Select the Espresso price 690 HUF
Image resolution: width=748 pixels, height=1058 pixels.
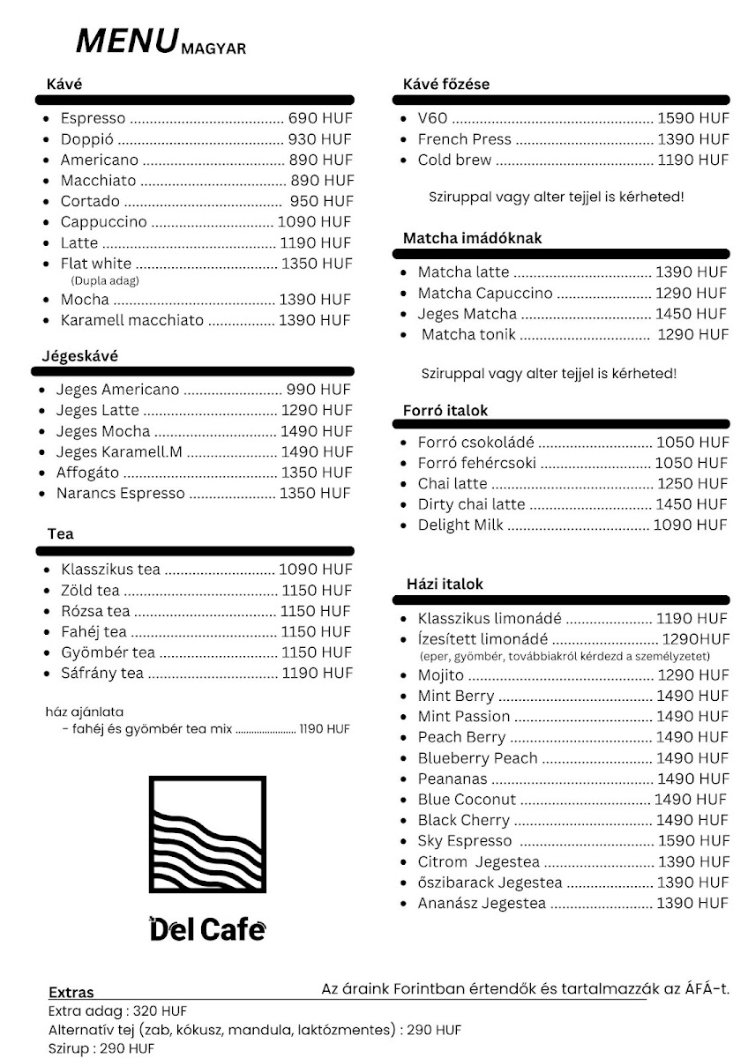coord(319,118)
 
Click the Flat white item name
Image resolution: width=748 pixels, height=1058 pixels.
coord(95,264)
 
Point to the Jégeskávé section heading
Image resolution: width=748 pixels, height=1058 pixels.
coord(80,356)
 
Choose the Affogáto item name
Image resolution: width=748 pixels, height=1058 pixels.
coord(87,473)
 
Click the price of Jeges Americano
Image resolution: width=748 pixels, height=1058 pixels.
coord(318,390)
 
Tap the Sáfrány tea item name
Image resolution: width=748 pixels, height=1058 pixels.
coord(101,674)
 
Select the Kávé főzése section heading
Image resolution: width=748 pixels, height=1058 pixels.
coord(446,85)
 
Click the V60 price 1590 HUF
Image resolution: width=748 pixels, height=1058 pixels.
coord(693,118)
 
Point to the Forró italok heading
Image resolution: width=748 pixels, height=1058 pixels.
coord(445,411)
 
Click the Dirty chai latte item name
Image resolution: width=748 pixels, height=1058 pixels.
coord(471,504)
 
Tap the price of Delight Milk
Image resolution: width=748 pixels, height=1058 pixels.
coord(691,525)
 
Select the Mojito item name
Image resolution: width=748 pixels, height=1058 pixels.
coord(440,675)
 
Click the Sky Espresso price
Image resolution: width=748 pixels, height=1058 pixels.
coord(693,841)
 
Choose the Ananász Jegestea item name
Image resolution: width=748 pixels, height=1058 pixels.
coord(482,904)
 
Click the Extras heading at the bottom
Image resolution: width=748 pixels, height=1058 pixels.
coord(71,993)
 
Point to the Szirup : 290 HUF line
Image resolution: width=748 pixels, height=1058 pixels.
coord(101,1048)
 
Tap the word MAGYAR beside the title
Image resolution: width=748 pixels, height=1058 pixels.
coord(213,49)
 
